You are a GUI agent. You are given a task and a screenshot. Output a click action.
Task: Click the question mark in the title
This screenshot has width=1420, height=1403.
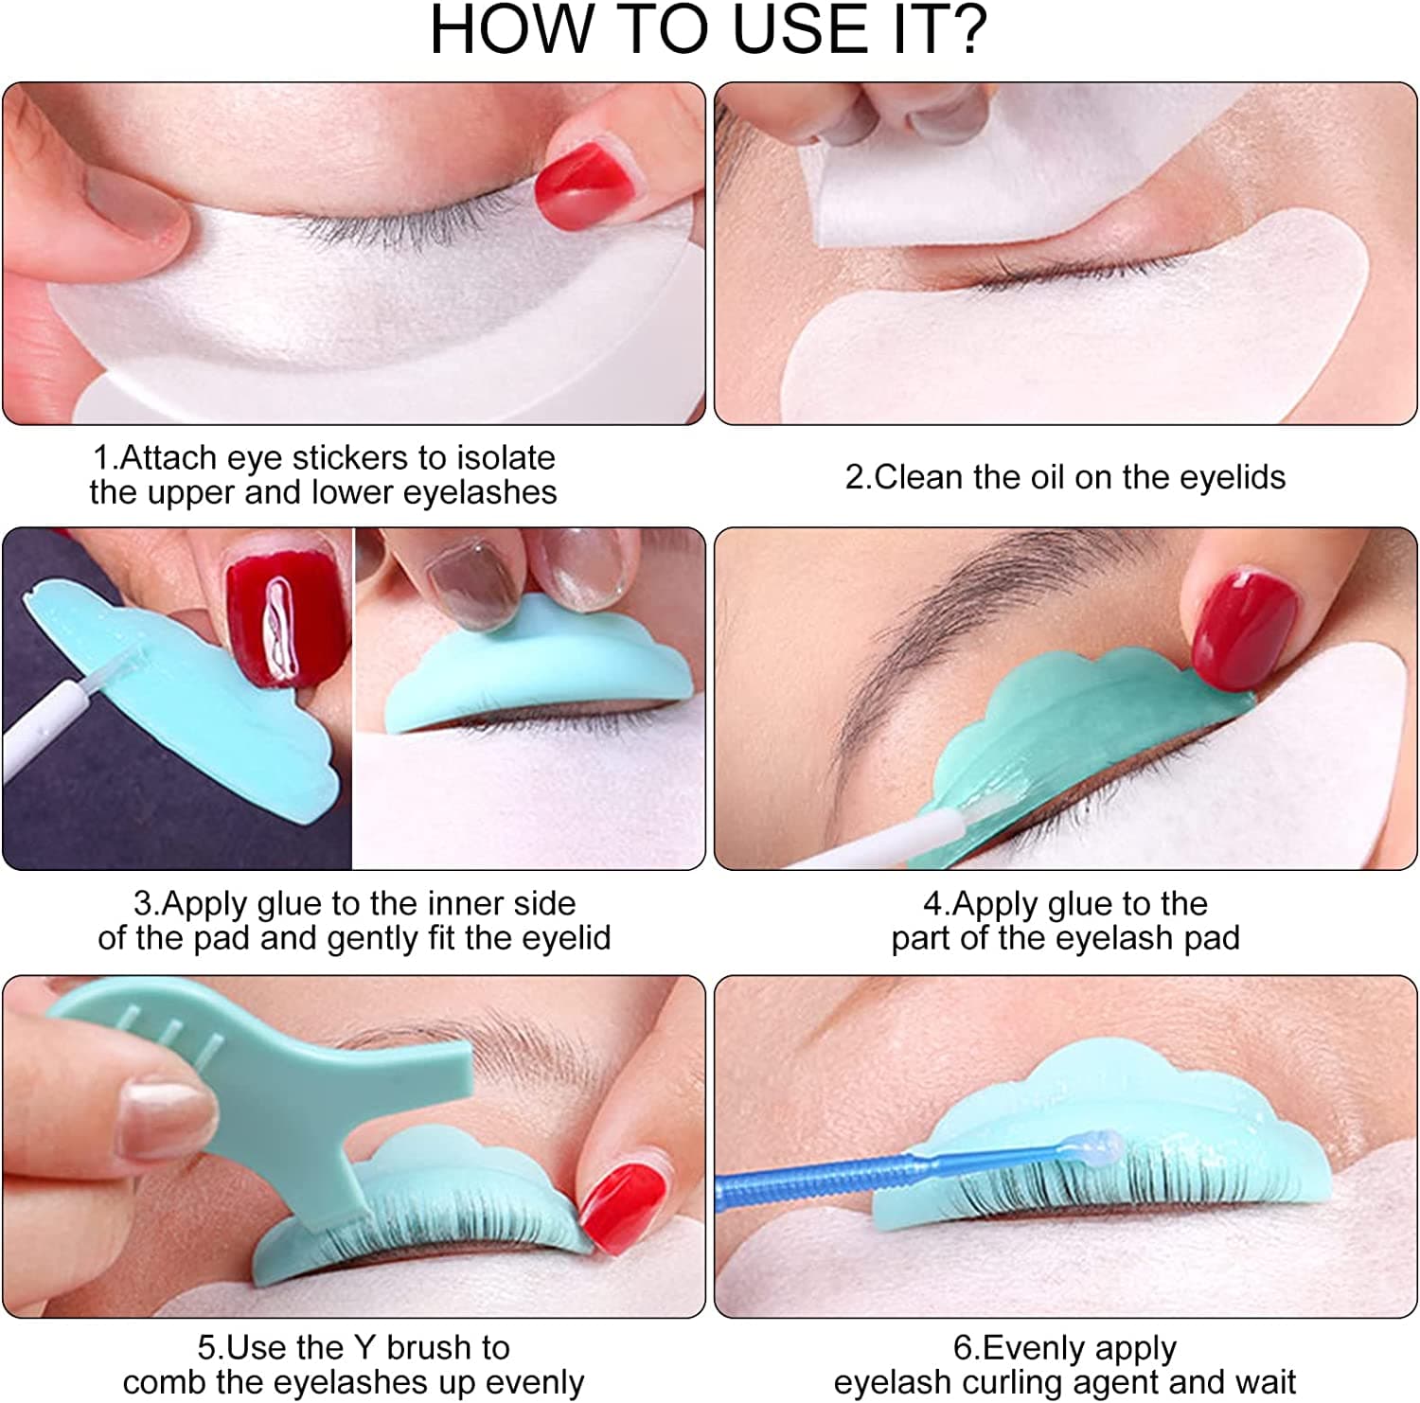[x=964, y=30]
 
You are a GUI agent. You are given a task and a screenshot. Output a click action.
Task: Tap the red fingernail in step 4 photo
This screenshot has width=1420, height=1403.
[x=1242, y=625]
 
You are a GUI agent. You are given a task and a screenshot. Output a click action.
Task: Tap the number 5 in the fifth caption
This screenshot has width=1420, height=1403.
[x=206, y=1348]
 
